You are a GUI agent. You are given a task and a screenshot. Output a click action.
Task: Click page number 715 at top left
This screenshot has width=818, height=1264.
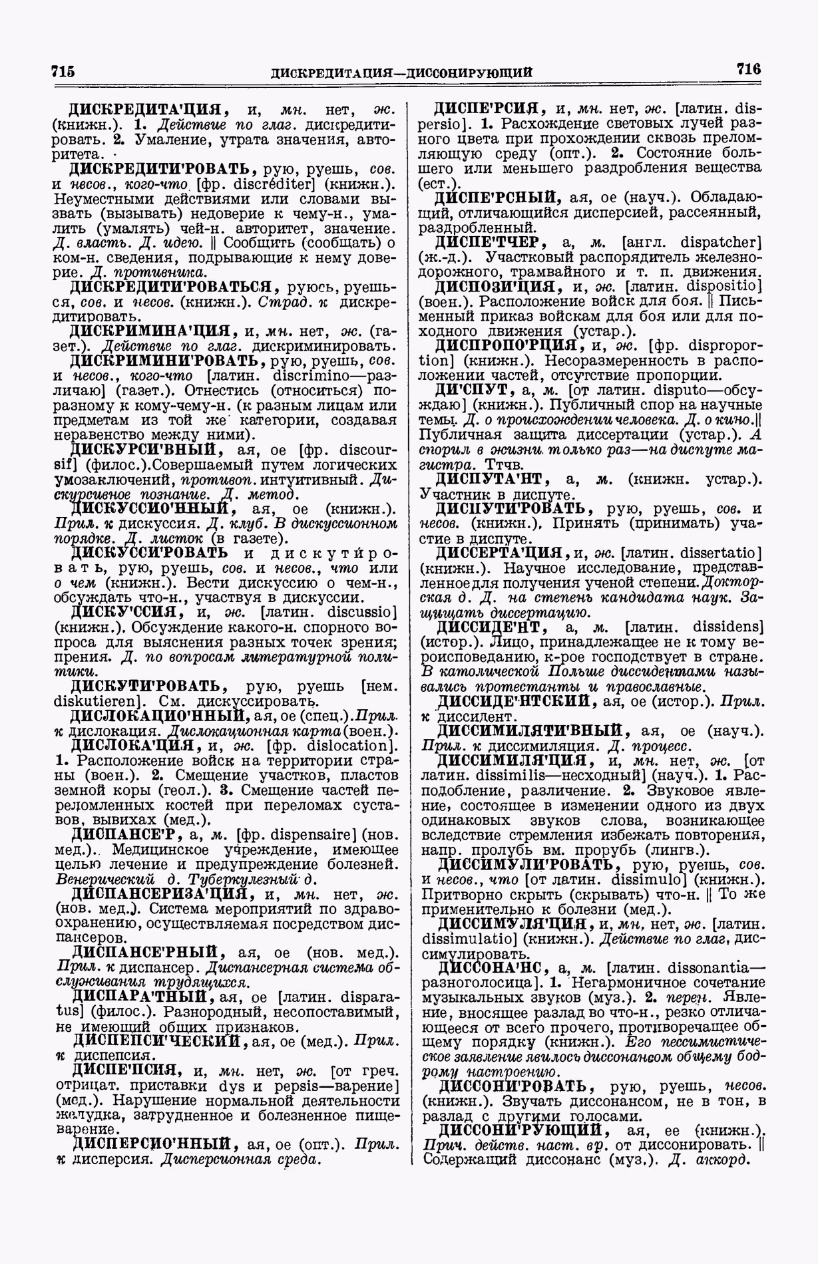point(63,72)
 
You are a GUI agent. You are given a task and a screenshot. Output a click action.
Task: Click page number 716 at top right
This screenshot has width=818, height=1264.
point(747,69)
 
